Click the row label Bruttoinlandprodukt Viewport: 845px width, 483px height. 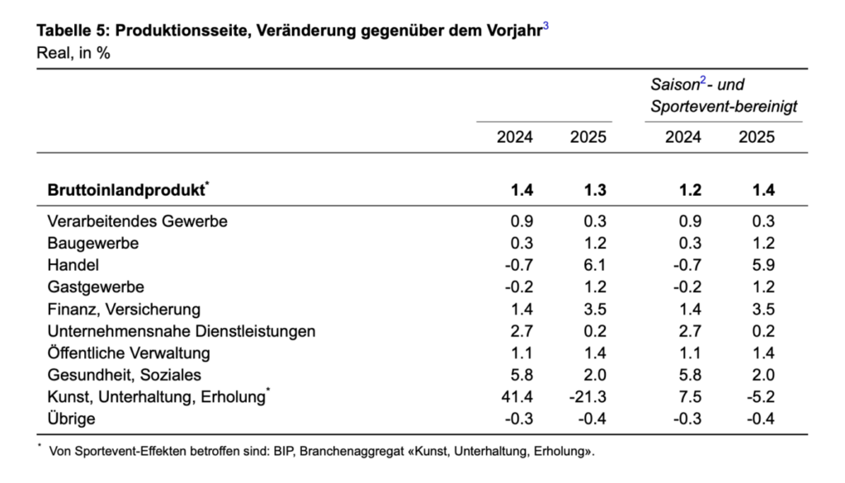[125, 190]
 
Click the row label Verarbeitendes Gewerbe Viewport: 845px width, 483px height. [137, 221]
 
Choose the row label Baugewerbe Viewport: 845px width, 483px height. [92, 244]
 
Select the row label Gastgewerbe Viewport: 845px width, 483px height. [96, 287]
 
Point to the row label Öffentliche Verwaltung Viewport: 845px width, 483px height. [129, 353]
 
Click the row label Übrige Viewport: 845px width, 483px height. [71, 419]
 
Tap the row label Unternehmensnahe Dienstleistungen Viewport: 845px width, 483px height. [182, 331]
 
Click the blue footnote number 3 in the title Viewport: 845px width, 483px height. [545, 26]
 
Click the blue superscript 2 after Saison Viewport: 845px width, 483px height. [703, 81]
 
